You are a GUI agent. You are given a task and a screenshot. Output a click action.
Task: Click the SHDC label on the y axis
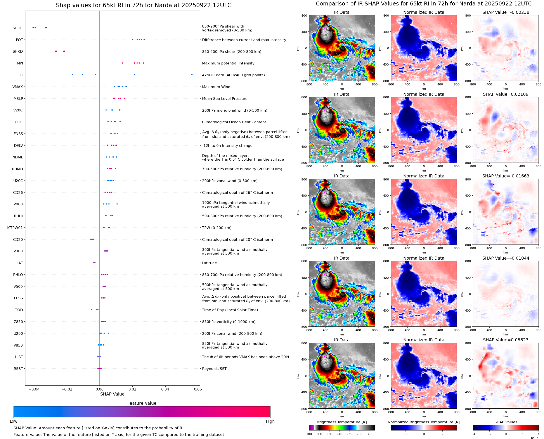(18, 28)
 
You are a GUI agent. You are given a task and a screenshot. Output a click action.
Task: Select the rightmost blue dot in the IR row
(192, 75)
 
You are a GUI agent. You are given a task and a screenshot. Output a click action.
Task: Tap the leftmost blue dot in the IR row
(72, 75)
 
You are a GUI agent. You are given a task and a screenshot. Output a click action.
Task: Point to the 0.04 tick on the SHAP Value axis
(165, 389)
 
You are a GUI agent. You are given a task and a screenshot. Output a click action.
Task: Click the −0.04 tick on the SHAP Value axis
(34, 389)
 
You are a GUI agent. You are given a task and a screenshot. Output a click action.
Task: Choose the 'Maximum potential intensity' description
(228, 63)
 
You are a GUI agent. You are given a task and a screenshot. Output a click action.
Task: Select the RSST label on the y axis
(18, 369)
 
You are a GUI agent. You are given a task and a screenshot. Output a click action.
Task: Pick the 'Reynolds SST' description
(214, 369)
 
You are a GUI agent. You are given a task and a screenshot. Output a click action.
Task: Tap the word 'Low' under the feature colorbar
(13, 421)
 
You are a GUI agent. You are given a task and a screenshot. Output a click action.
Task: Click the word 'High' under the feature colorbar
(270, 421)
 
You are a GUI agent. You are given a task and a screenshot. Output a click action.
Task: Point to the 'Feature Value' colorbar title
(142, 403)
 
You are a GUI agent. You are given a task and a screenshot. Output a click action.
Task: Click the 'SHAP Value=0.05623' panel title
(506, 340)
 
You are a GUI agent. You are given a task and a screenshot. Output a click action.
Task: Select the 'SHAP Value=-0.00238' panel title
(506, 12)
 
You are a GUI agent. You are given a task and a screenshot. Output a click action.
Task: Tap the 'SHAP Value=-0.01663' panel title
(506, 176)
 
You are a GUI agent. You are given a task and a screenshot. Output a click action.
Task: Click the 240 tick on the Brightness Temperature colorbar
(339, 434)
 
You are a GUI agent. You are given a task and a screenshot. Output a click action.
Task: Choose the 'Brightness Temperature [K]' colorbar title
(341, 422)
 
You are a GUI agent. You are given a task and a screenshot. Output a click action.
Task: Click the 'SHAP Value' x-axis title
(112, 394)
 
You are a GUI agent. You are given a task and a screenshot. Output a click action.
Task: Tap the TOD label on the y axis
(19, 310)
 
